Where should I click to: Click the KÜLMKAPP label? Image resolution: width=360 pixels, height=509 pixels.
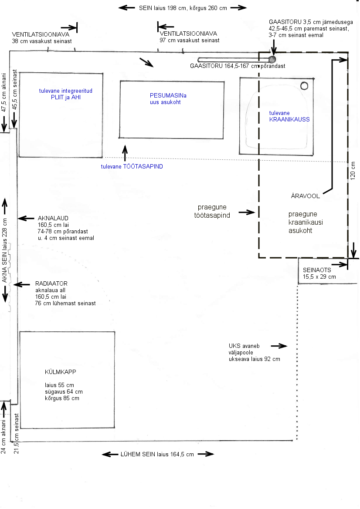(56, 372)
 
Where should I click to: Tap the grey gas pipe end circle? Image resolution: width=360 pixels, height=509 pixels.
(272, 59)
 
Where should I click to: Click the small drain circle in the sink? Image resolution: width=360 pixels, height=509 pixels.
(304, 86)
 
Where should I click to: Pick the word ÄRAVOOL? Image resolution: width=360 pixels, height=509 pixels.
(306, 196)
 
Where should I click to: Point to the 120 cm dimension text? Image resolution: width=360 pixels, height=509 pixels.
(353, 170)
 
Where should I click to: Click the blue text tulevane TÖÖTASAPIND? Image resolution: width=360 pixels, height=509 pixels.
(132, 166)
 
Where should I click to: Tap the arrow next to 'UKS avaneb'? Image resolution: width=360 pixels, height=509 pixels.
(279, 346)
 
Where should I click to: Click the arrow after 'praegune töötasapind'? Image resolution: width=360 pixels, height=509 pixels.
(247, 212)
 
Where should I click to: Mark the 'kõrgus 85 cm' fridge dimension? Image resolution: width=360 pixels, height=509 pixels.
(62, 398)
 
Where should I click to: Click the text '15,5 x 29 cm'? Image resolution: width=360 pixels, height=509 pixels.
(319, 276)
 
